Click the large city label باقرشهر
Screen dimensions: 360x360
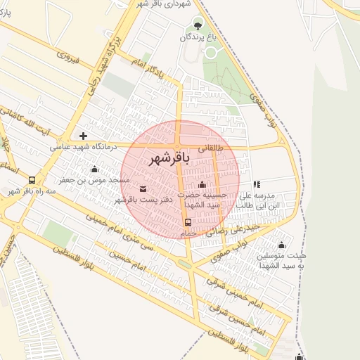[x=170, y=160]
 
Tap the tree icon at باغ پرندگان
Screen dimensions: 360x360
[x=197, y=25]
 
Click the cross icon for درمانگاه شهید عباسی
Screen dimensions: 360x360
[x=84, y=135]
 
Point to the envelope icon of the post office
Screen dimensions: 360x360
[x=143, y=188]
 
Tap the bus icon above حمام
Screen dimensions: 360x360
[x=187, y=222]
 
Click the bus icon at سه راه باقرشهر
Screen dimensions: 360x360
[x=32, y=181]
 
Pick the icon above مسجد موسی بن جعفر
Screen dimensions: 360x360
[x=94, y=169]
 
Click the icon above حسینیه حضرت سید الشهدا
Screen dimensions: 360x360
[x=202, y=185]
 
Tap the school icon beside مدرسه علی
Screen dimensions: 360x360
[x=257, y=184]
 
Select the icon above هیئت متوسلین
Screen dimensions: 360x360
[x=281, y=245]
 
